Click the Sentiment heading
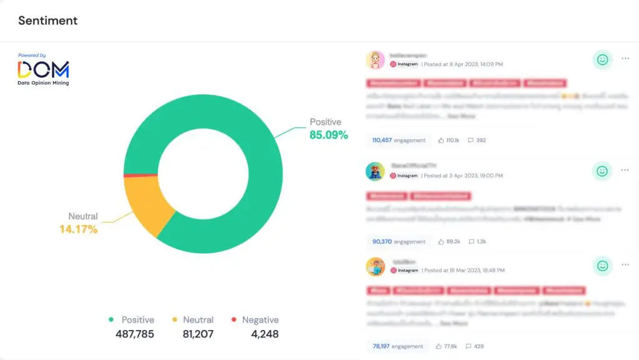coord(47,21)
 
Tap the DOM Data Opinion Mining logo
coord(44,70)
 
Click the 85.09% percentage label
coord(329,135)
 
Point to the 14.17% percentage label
coord(79,230)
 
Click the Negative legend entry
coord(255,320)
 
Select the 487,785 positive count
coord(135,334)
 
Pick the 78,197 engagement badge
coord(398,346)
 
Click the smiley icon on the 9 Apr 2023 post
coord(602,60)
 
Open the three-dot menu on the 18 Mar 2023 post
coord(625,266)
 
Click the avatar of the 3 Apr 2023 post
coord(375,172)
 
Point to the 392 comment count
coord(480,140)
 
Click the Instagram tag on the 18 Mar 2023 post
coord(404,271)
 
